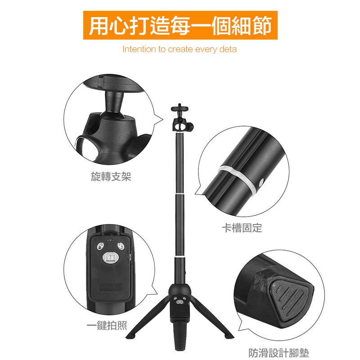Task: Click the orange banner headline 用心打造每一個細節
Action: pyautogui.click(x=180, y=25)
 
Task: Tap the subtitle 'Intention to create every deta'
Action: pyautogui.click(x=179, y=49)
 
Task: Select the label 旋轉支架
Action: pyautogui.click(x=111, y=176)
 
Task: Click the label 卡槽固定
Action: pyautogui.click(x=242, y=228)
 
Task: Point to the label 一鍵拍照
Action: pyautogui.click(x=107, y=325)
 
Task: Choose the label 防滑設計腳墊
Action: pyautogui.click(x=279, y=353)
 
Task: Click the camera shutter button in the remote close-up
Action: pyautogui.click(x=110, y=257)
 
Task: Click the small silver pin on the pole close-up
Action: pyautogui.click(x=261, y=183)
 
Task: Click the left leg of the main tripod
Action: pyautogui.click(x=148, y=317)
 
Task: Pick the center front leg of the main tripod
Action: pyautogui.click(x=180, y=335)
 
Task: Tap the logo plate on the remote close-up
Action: pyautogui.click(x=111, y=287)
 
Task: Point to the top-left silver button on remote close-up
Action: pyautogui.click(x=100, y=246)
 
